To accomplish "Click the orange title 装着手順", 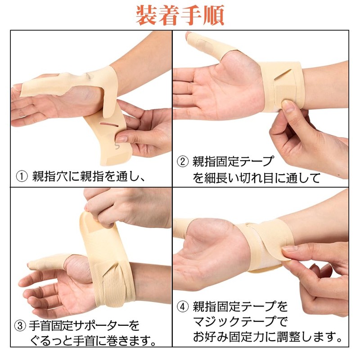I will click(180, 15).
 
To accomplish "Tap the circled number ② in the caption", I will click(182, 161).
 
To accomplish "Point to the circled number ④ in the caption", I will click(182, 307).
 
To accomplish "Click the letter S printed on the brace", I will click(118, 147).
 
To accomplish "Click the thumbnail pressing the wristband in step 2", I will click(288, 106).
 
